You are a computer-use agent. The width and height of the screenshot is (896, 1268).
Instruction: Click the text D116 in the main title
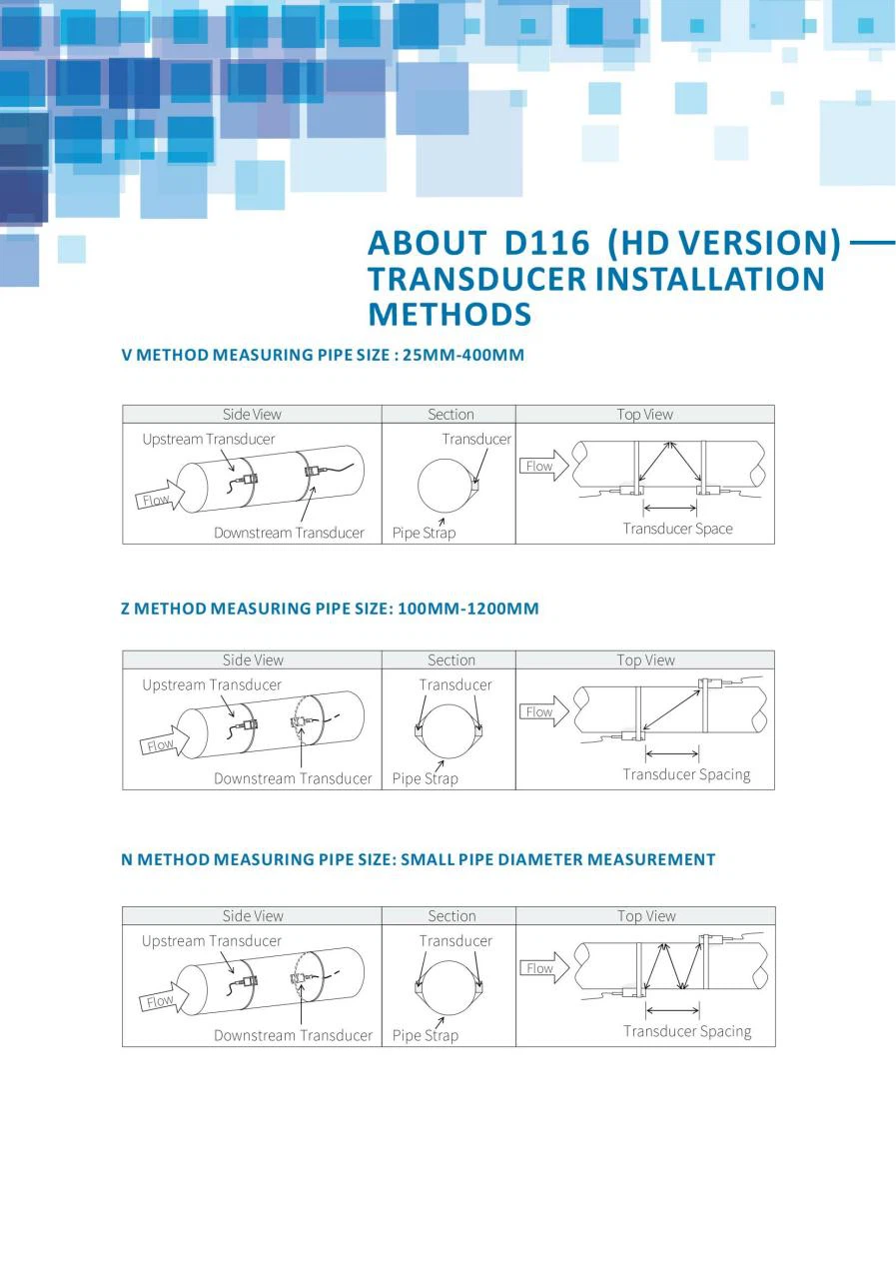point(546,243)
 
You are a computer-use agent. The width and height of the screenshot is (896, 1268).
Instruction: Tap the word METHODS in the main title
point(449,314)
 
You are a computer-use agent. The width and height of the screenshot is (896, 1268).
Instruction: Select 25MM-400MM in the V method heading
point(463,355)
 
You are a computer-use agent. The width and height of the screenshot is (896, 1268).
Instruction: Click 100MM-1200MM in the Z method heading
point(468,609)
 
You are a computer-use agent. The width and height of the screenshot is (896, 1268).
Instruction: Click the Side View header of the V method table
point(252,415)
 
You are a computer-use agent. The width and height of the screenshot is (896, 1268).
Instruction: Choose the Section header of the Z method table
point(451,660)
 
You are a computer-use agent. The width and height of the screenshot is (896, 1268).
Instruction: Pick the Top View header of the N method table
point(646,916)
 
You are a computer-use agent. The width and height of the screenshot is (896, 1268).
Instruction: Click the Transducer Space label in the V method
point(678,529)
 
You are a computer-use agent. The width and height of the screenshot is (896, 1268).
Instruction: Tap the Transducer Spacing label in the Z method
point(686,774)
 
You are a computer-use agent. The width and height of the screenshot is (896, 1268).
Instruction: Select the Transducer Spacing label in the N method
point(687,1031)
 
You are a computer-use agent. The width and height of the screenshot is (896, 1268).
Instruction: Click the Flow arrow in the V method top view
point(544,466)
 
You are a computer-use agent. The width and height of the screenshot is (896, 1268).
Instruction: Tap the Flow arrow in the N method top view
point(544,967)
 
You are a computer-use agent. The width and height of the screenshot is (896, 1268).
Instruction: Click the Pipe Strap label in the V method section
point(424,533)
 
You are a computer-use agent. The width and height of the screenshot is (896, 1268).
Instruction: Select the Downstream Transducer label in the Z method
point(294,778)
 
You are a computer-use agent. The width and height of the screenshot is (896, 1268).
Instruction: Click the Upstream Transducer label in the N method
point(212,941)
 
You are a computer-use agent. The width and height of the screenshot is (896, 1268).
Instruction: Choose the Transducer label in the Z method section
point(455,684)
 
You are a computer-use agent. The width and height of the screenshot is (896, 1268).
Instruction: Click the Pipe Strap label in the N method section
point(426,1035)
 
